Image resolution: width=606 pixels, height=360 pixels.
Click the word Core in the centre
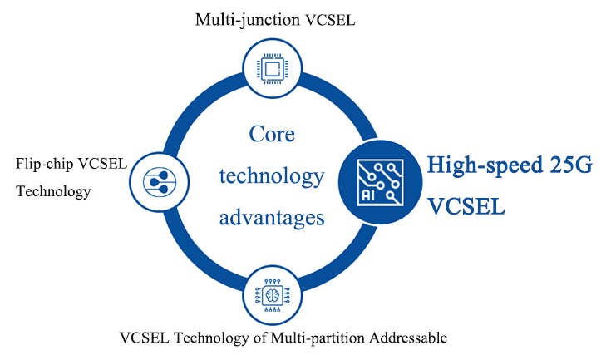point(272,134)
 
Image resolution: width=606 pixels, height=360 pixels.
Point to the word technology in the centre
point(271,176)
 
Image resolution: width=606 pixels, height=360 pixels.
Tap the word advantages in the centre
point(271,218)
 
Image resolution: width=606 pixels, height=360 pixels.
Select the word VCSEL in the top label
point(333,20)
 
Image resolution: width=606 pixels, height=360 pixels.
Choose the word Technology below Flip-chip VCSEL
point(53,191)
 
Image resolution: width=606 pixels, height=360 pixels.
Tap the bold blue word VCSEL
point(466,205)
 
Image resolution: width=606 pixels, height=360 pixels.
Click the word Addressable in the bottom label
point(408,338)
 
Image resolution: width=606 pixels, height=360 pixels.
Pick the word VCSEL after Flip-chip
point(105,163)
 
